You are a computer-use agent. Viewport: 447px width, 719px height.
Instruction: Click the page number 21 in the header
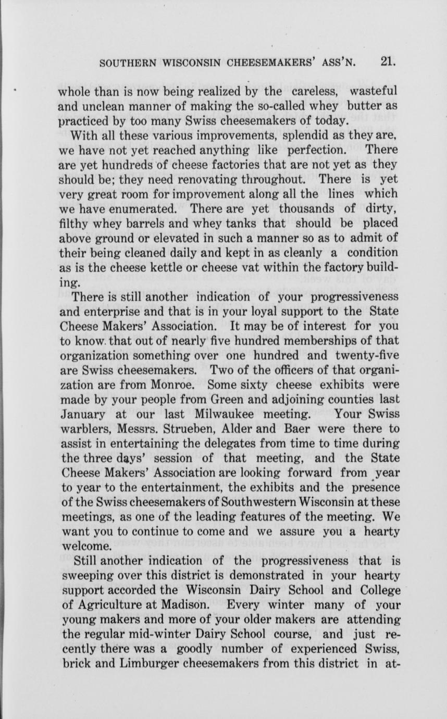[388, 62]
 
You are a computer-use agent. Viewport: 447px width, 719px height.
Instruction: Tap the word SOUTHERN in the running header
[125, 64]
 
